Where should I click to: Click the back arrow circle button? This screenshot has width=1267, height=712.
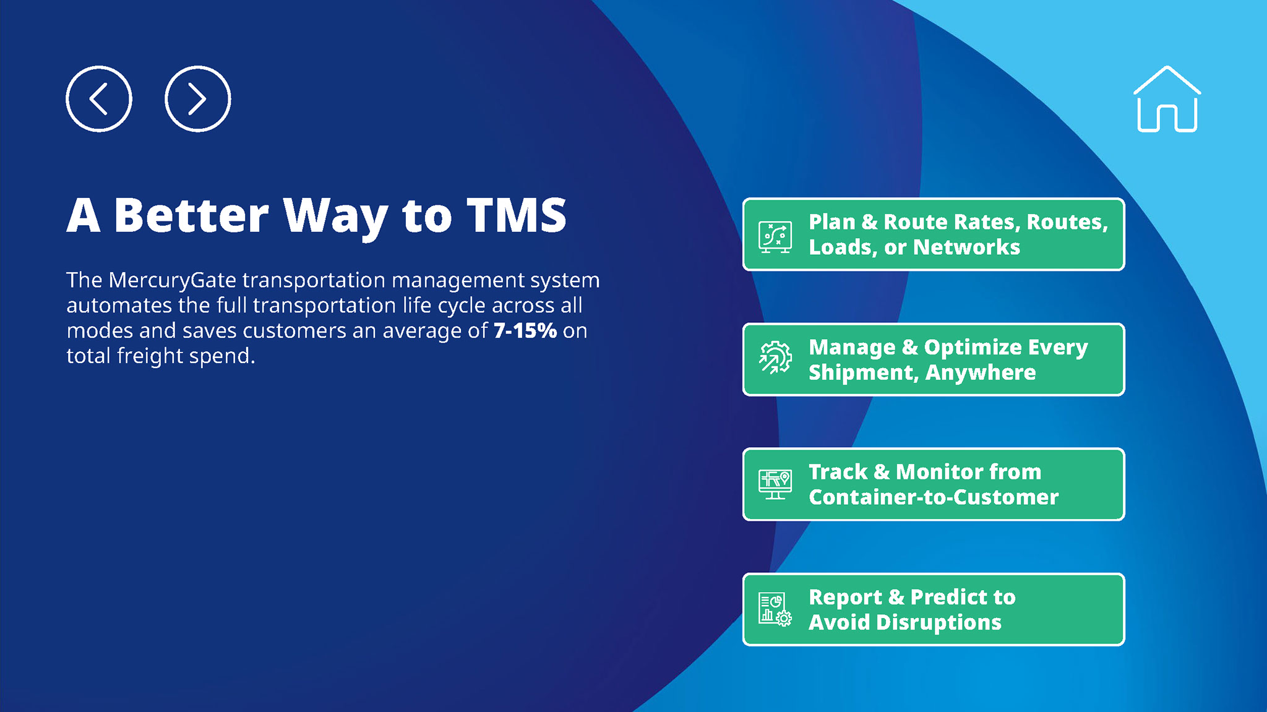99,98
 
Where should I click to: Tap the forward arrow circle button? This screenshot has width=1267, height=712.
198,98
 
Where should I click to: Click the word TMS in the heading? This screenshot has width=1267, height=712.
517,215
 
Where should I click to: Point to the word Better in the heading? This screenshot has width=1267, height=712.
192,215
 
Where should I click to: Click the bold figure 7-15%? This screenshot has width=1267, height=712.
525,330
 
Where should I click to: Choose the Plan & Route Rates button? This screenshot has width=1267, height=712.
934,234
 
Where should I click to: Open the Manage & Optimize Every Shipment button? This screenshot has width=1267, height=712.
934,359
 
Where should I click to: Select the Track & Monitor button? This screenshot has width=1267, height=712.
934,484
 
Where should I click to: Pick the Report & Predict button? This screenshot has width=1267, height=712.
934,609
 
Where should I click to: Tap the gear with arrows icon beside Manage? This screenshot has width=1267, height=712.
775,358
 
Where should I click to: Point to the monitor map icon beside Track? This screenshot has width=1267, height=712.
775,484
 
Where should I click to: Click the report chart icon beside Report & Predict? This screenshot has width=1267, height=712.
775,609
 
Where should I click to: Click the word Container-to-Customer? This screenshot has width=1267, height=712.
934,497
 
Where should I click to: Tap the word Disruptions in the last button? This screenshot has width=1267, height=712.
939,623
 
